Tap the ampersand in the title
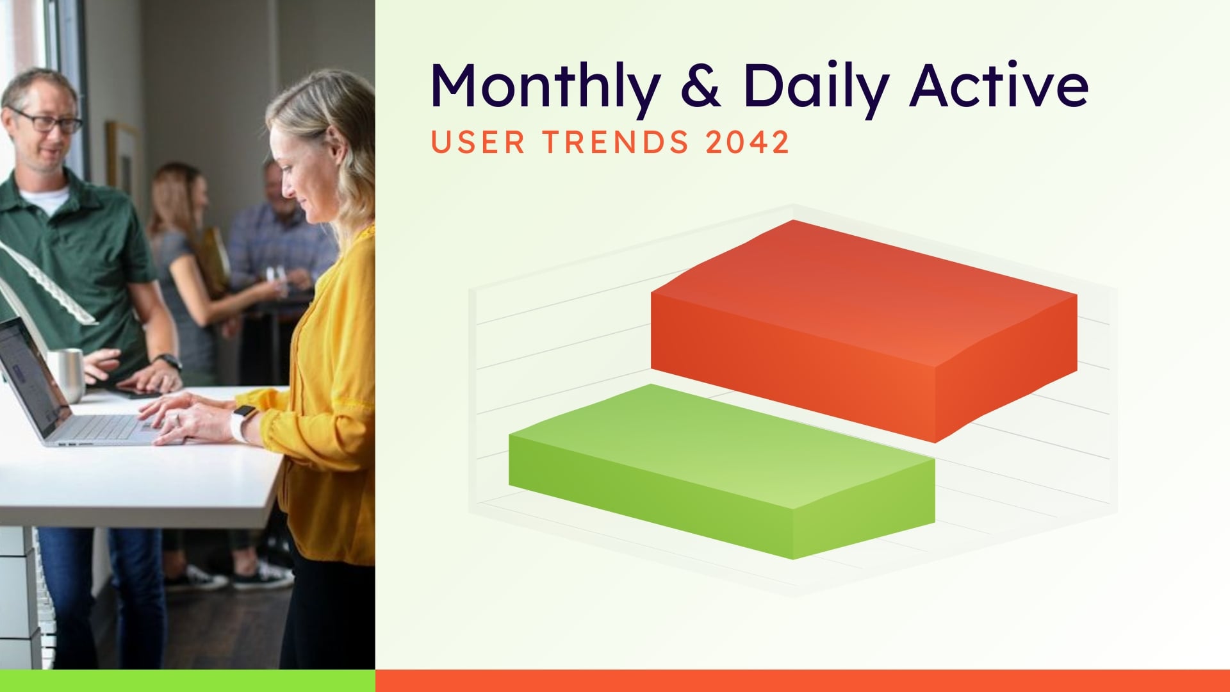[701, 85]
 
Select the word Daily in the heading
[816, 86]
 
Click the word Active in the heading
[999, 85]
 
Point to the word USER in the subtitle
[478, 142]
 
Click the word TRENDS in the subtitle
[616, 142]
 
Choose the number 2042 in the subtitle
[747, 142]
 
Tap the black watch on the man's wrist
[169, 361]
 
